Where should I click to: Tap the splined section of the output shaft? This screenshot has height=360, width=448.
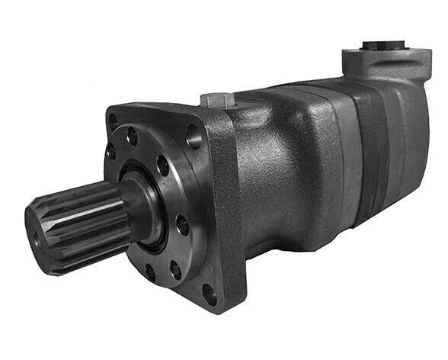[x=76, y=221]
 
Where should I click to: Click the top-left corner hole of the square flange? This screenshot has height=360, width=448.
[x=114, y=121]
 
